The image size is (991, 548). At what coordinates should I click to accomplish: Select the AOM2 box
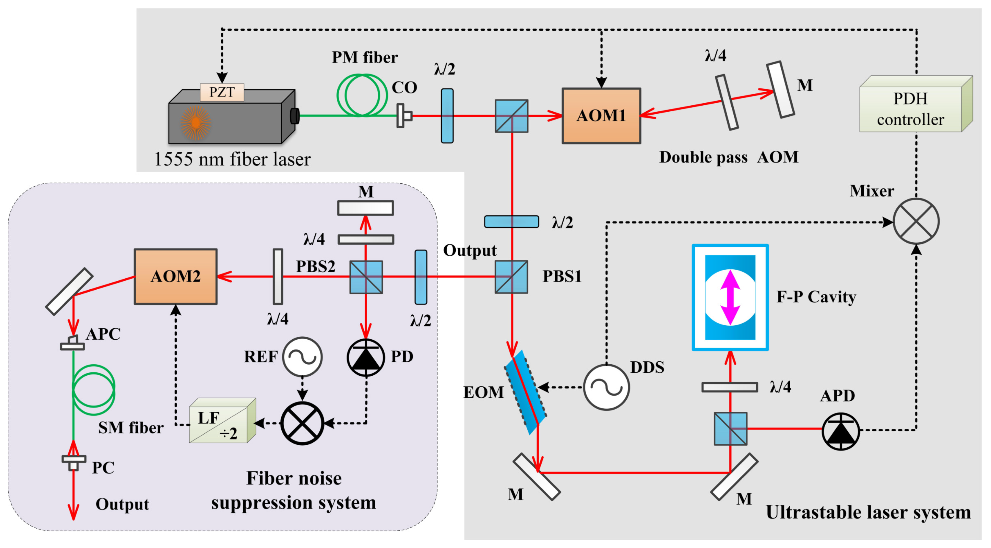click(175, 277)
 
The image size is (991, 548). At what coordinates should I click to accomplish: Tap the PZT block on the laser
click(222, 92)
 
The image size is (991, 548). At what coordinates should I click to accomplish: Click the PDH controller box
click(911, 109)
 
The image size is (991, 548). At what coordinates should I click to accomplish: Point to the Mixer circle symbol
click(916, 221)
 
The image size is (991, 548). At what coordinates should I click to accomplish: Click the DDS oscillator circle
click(606, 387)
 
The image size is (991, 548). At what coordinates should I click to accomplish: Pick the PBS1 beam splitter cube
click(511, 277)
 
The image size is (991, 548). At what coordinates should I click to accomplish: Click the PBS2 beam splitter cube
click(366, 277)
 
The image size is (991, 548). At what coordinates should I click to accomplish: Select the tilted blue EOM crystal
click(526, 392)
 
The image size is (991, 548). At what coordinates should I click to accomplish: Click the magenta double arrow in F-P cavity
click(730, 297)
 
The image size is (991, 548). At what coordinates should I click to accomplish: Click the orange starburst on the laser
click(195, 122)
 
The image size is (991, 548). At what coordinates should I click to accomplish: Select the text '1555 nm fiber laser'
click(232, 159)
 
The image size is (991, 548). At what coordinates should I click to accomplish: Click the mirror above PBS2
click(366, 208)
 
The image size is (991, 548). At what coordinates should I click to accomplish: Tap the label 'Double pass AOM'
click(729, 157)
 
